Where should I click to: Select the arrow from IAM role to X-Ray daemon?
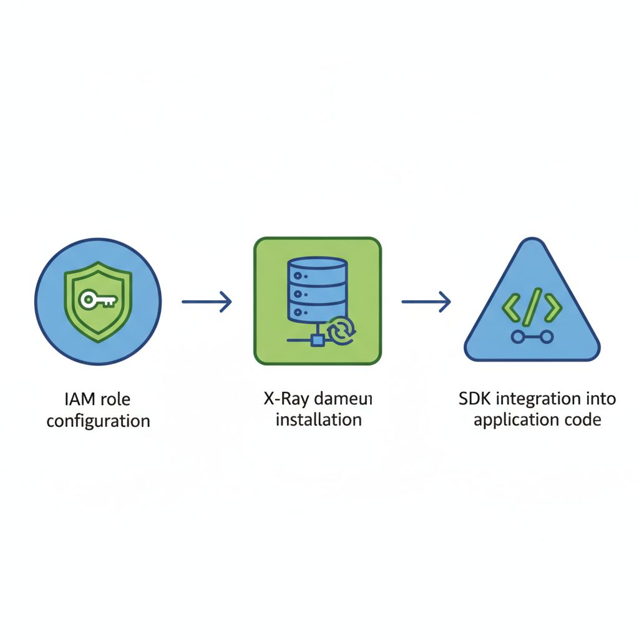tap(207, 303)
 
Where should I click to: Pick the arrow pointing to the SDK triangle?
tap(426, 303)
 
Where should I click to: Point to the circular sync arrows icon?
tap(341, 331)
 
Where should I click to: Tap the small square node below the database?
tap(317, 340)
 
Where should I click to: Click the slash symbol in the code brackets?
tap(532, 308)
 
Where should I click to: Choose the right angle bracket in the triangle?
tap(553, 307)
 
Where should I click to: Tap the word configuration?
tap(98, 421)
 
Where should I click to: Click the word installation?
tap(318, 419)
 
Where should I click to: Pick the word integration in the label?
tap(539, 398)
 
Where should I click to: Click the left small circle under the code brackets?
tap(517, 338)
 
